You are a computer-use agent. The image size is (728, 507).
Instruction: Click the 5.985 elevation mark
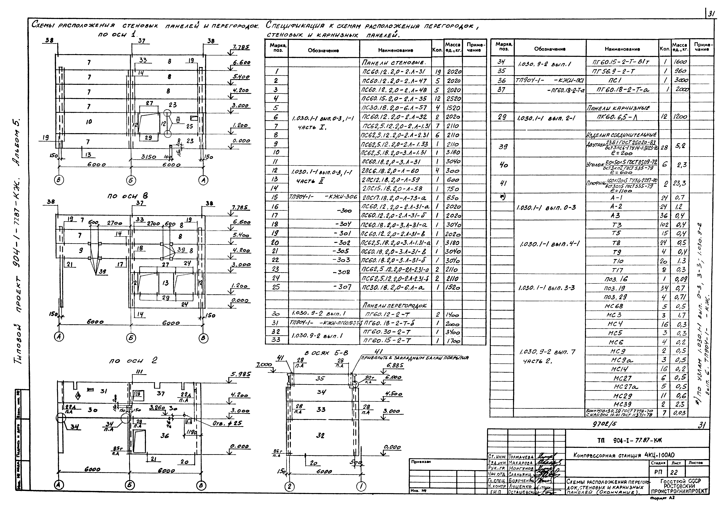click(240, 374)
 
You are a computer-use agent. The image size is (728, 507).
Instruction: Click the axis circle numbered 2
click(289, 486)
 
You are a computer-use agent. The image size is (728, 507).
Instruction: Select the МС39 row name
click(622, 404)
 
